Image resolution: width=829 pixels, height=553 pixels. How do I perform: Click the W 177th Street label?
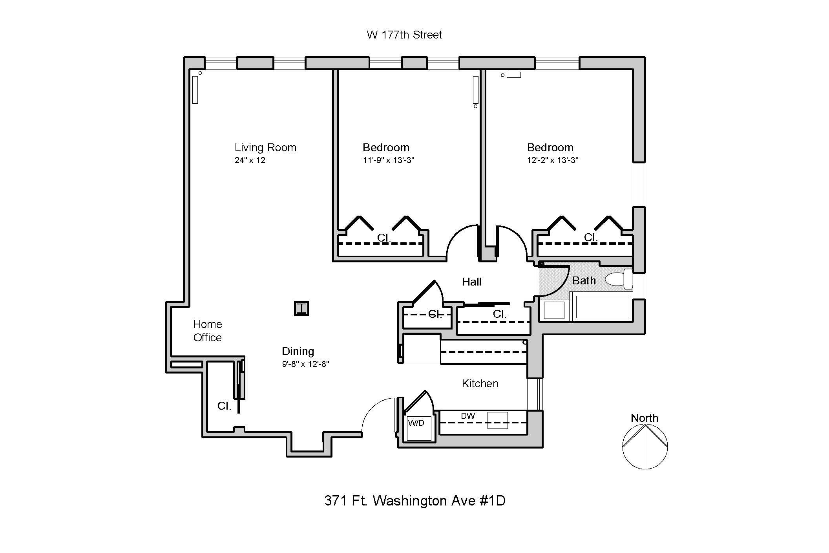pos(404,35)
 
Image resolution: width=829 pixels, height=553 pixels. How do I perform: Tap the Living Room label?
pos(265,148)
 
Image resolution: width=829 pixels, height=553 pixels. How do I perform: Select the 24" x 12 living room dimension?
pos(250,160)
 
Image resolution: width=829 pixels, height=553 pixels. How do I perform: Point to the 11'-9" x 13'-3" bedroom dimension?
pos(388,160)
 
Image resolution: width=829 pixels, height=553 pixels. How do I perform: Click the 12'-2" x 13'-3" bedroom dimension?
pos(552,160)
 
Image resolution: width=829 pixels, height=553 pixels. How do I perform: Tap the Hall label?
pos(471,282)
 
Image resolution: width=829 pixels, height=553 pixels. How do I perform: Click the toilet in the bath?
pos(618,279)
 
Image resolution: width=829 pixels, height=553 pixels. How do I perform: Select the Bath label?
pos(584,280)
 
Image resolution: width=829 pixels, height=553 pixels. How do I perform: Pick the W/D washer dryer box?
pos(418,428)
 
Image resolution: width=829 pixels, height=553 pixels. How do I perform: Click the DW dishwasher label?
pos(468,416)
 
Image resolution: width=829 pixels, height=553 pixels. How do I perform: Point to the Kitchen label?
pos(480,383)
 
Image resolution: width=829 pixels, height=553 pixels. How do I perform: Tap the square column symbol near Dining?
pos(301,308)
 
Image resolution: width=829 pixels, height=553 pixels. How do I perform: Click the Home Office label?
pos(207,331)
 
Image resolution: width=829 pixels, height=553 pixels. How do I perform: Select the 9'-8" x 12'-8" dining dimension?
pos(305,364)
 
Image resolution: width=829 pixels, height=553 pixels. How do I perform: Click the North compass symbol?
pos(645,446)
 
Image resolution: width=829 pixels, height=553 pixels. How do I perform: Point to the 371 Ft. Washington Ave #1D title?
pos(414,501)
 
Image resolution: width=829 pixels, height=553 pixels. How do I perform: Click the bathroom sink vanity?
pos(554,310)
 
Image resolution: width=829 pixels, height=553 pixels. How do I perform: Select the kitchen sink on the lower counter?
pos(497,420)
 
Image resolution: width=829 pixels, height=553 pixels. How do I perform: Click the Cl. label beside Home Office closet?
pos(224,406)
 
